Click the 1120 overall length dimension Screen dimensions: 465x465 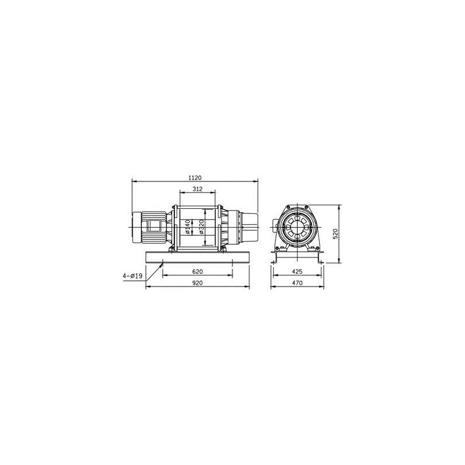(195, 178)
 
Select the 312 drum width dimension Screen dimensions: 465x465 (198, 189)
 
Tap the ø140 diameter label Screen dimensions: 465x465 (187, 227)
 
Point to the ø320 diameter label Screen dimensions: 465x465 (202, 227)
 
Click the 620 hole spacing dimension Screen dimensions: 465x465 (198, 271)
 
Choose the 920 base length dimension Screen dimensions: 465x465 (198, 283)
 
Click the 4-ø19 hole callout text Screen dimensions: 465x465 (133, 276)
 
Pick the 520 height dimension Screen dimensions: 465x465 (335, 234)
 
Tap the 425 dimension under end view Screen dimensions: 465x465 (297, 271)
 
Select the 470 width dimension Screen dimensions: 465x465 (297, 283)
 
